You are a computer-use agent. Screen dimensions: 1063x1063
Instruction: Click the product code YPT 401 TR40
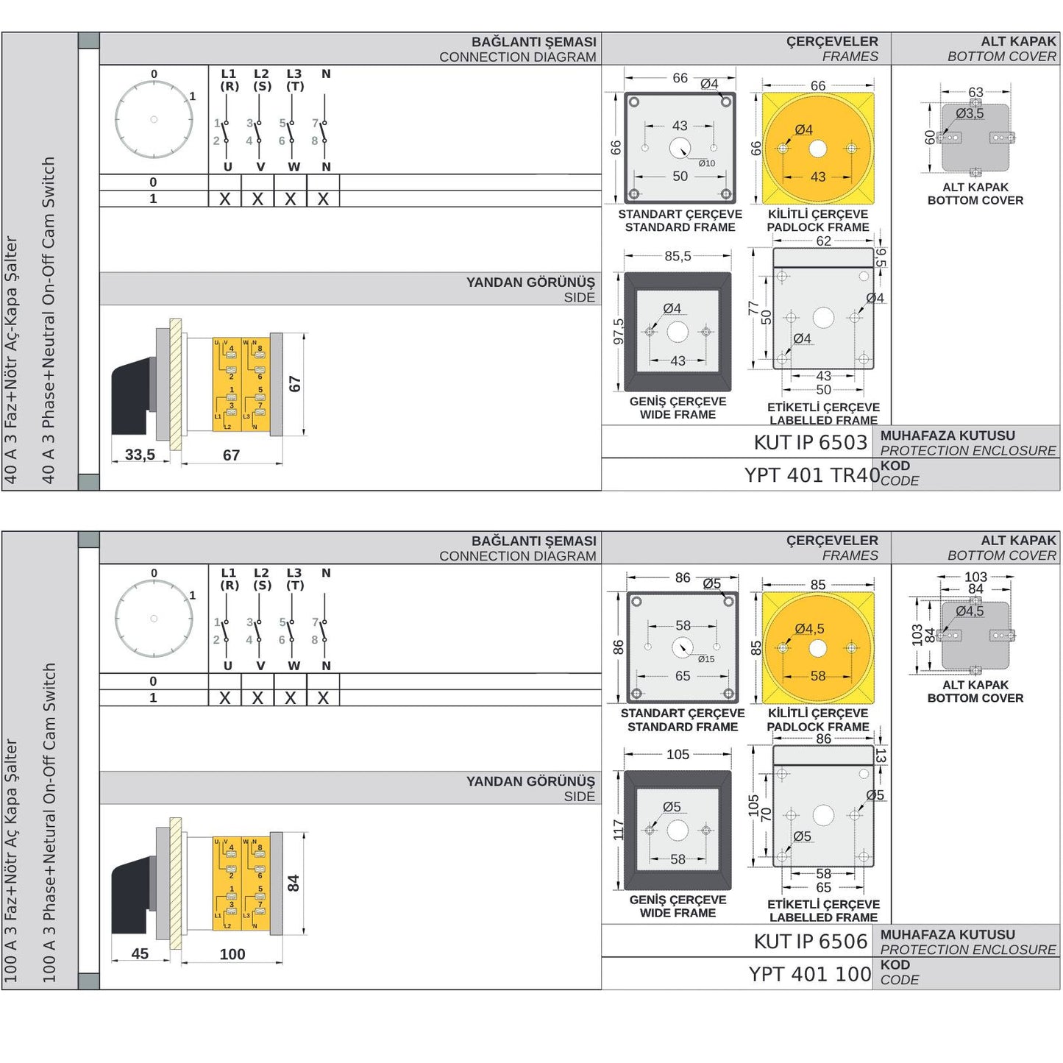[811, 475]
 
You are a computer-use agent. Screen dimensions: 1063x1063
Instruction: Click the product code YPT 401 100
[810, 974]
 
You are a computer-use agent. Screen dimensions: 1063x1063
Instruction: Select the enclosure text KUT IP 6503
[810, 442]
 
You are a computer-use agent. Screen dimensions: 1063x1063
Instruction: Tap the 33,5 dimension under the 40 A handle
[140, 455]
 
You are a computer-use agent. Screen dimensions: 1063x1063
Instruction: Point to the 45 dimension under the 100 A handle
[140, 953]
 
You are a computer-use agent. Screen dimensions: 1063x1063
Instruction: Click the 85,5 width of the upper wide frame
[678, 256]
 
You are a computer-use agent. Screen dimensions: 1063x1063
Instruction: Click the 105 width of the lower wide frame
[678, 754]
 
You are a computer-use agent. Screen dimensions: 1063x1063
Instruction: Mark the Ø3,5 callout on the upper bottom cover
[970, 113]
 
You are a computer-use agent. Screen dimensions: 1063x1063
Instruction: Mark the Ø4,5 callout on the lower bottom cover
[970, 611]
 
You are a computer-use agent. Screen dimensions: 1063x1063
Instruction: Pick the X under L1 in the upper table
[225, 199]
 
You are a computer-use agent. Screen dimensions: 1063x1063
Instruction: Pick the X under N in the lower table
[323, 698]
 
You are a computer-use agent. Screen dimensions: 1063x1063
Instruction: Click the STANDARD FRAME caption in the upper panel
[680, 227]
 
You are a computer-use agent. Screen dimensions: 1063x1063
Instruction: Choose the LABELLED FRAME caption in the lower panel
[823, 917]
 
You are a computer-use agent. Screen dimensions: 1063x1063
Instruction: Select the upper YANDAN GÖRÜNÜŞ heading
[530, 282]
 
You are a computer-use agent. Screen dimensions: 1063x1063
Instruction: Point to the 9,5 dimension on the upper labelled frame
[881, 257]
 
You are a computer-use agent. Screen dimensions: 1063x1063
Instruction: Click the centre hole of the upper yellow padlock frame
[817, 149]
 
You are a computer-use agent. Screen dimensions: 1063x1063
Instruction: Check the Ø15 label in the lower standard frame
[706, 659]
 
